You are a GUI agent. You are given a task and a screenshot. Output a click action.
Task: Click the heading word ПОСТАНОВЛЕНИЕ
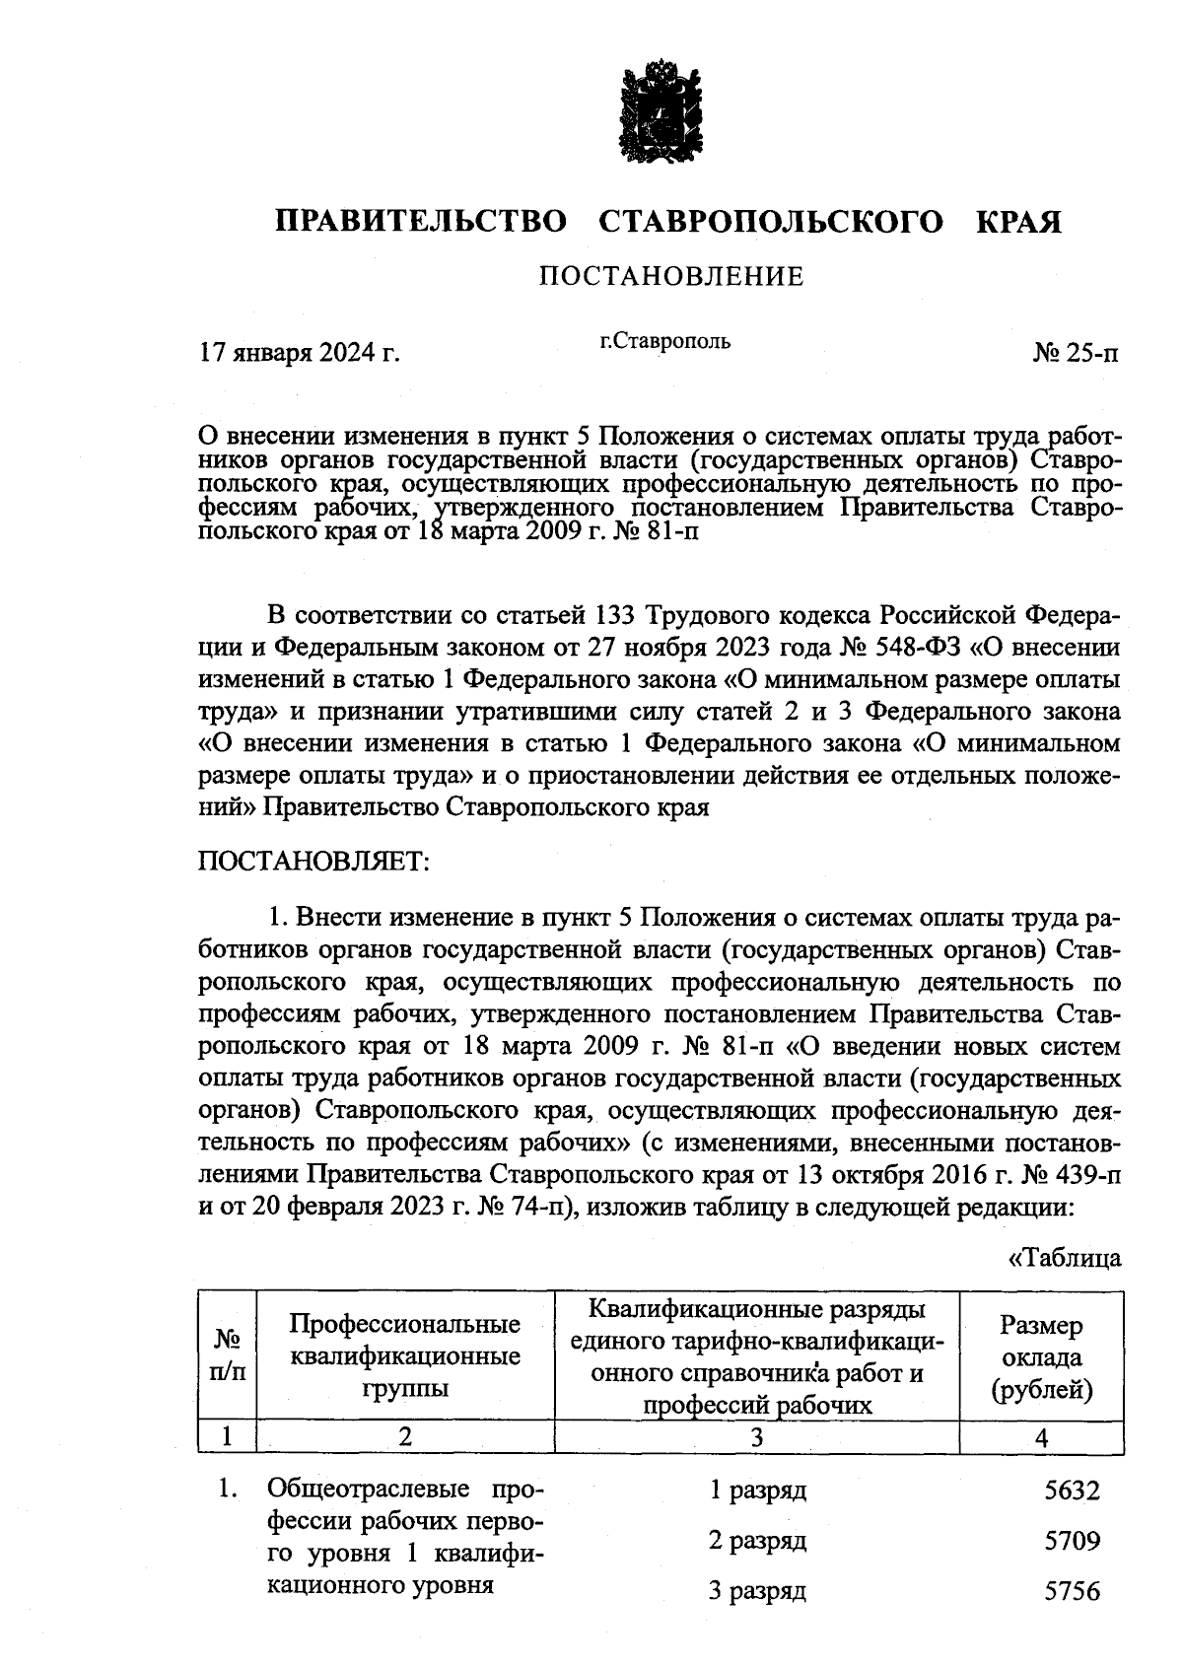671,276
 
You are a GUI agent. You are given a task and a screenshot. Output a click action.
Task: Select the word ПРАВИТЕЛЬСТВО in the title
421,222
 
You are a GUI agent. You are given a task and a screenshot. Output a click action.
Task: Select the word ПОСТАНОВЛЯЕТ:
314,861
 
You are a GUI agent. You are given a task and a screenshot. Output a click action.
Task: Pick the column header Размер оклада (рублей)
1041,1356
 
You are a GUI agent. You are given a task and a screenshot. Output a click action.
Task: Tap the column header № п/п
228,1356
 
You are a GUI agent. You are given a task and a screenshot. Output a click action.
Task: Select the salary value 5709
1072,1541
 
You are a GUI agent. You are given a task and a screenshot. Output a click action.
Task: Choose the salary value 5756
1072,1591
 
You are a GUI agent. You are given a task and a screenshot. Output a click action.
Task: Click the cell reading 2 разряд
757,1540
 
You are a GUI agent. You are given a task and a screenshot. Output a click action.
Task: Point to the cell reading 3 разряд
757,1590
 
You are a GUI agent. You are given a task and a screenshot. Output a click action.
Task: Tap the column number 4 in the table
1041,1437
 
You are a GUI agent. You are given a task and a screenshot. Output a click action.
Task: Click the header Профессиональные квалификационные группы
405,1356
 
